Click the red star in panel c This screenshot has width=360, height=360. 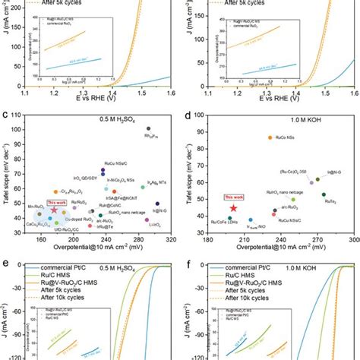coord(54,210)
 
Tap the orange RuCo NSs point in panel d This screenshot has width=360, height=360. coord(269,137)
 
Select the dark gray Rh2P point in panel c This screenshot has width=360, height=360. coord(148,128)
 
